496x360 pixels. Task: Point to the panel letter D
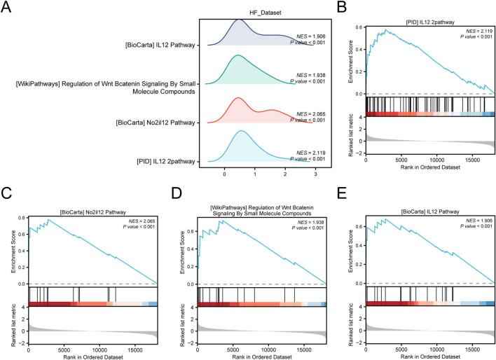point(172,191)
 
